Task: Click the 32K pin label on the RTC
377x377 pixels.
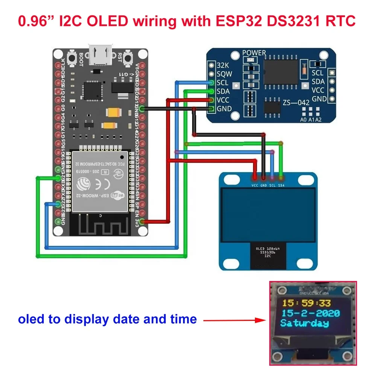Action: pyautogui.click(x=222, y=66)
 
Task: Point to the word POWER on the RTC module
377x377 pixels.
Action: pyautogui.click(x=254, y=53)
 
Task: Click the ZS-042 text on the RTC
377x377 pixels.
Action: pyautogui.click(x=296, y=102)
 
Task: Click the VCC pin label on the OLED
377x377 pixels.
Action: pyautogui.click(x=254, y=186)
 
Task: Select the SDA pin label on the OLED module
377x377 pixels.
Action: pyautogui.click(x=281, y=186)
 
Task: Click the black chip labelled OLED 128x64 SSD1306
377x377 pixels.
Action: pyautogui.click(x=268, y=253)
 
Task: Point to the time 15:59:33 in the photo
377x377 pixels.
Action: pyautogui.click(x=307, y=303)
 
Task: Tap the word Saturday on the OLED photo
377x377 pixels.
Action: pyautogui.click(x=304, y=323)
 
